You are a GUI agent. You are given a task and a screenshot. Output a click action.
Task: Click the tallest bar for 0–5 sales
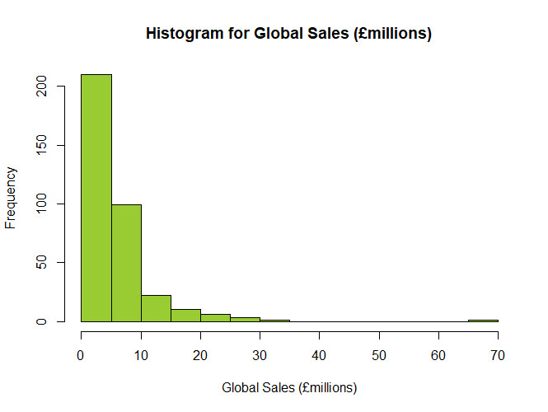tap(96, 198)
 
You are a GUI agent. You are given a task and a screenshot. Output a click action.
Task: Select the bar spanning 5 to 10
tap(126, 263)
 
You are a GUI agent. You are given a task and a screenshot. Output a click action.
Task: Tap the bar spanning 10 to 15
tap(156, 308)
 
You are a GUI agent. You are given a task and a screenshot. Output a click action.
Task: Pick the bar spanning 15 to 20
tap(185, 316)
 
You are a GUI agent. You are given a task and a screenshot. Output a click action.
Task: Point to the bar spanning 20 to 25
tap(215, 318)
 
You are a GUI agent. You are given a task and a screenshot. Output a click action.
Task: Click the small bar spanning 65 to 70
tap(483, 321)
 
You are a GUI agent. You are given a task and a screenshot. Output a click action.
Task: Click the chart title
tap(288, 34)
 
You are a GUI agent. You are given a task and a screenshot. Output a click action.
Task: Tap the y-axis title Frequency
tap(12, 198)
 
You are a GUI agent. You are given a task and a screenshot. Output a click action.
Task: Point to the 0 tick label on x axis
tap(81, 355)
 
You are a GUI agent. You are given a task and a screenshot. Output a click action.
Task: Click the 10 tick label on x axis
tap(141, 355)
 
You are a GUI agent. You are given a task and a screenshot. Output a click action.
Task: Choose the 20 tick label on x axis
tap(200, 355)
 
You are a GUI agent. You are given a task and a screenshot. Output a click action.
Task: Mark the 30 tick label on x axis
tap(260, 355)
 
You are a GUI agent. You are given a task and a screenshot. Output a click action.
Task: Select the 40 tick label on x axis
tap(320, 355)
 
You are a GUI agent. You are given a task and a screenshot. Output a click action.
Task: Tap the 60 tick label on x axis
tap(438, 355)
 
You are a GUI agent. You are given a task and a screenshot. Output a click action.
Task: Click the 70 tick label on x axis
tap(498, 355)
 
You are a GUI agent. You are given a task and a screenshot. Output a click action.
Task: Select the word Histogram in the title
tap(182, 34)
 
